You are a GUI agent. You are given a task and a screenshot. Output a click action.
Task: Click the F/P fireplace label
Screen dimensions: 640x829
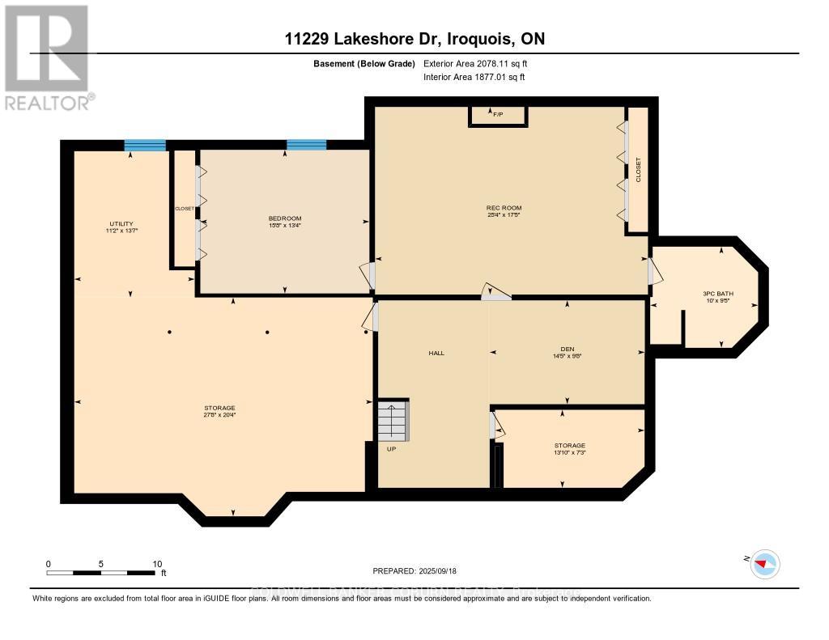coord(498,116)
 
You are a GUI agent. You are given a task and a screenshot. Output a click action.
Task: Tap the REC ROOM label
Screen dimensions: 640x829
coord(503,209)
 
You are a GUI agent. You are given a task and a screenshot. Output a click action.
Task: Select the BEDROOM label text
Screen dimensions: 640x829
coord(285,218)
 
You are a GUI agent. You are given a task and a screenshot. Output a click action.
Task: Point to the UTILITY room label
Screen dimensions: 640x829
coord(121,224)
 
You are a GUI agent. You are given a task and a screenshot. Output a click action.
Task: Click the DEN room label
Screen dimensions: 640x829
coord(567,349)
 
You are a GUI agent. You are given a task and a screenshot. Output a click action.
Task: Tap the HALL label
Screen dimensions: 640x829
coord(436,353)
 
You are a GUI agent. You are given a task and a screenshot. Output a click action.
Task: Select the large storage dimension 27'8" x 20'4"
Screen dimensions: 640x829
coord(219,415)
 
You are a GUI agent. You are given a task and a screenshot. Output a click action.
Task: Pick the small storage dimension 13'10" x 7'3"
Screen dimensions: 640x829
coord(569,453)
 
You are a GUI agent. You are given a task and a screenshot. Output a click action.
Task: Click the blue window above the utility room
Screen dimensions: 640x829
coord(145,146)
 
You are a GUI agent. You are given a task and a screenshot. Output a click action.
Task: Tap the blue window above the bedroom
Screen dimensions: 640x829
coord(307,146)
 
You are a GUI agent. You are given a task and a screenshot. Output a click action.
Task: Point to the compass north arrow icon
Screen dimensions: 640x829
coord(763,563)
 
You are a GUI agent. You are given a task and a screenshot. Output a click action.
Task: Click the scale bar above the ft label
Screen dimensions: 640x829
coord(101,573)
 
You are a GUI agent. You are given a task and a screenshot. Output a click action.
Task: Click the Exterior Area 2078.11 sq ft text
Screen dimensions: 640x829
coord(476,63)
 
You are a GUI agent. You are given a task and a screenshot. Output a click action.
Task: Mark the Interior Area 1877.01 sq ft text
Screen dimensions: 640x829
coord(474,78)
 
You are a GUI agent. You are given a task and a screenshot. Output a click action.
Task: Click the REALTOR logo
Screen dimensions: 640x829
coord(46,57)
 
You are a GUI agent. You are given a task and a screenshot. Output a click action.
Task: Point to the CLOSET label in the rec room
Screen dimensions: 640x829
coord(638,171)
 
